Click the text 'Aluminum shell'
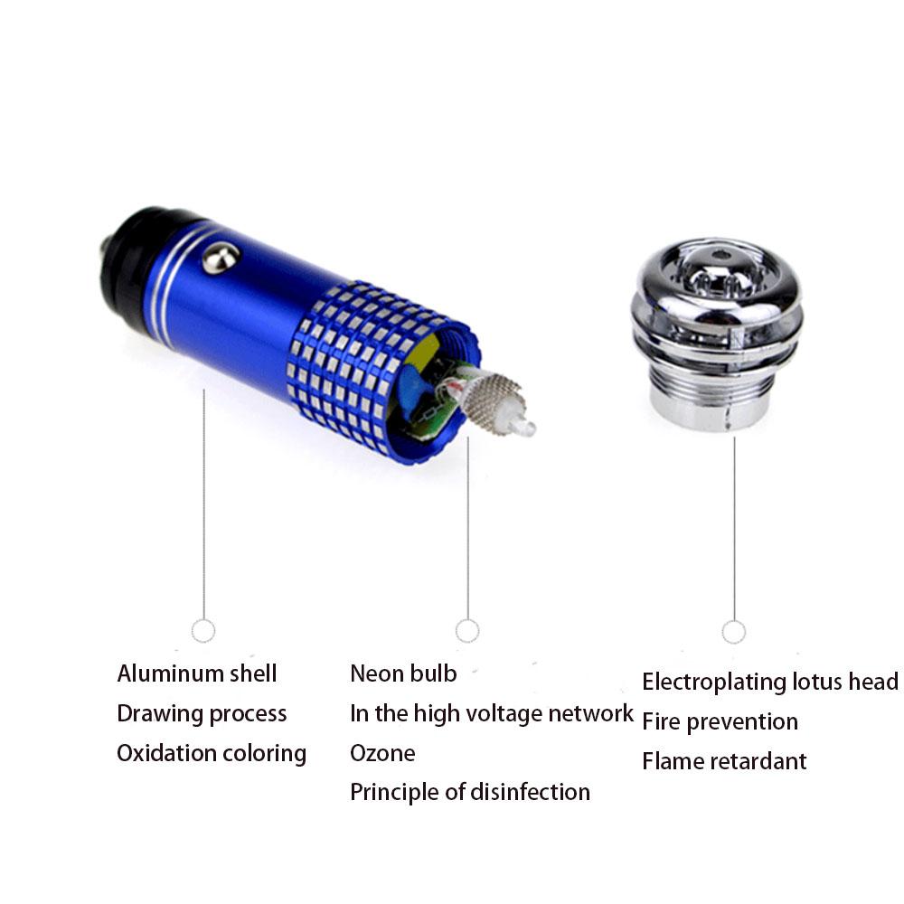pos(196,673)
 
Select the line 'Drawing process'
pos(202,714)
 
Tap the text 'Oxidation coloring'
pos(212,754)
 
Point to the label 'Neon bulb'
pos(403,673)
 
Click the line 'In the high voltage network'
pos(492,714)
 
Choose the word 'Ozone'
pos(382,753)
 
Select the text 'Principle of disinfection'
pos(470,792)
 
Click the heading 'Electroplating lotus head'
pos(770,682)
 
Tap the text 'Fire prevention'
pos(720,721)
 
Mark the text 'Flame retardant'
pos(724,761)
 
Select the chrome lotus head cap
pos(717,334)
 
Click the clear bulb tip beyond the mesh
pos(522,426)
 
